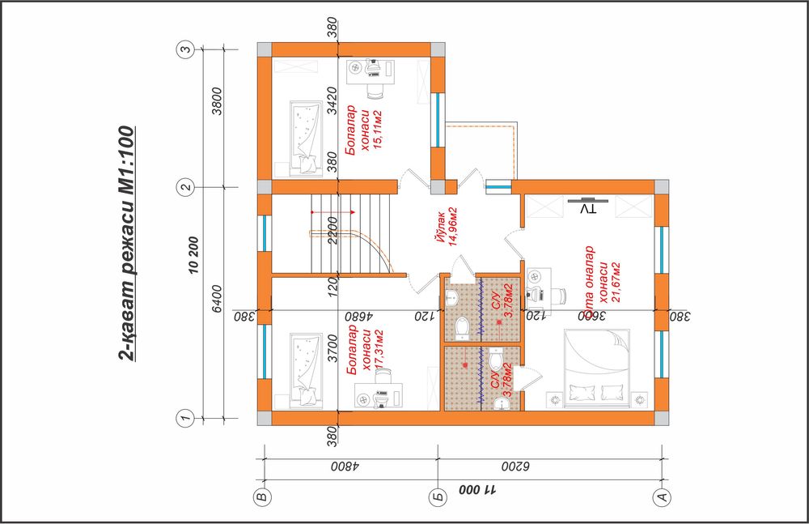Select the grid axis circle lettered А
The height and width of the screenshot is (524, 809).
(x=662, y=497)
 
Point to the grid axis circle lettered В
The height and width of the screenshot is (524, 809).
(x=263, y=497)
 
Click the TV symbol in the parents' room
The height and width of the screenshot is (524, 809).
(x=587, y=206)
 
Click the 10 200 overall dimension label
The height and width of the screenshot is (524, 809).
(x=194, y=255)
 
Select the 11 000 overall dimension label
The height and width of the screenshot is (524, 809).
(x=478, y=489)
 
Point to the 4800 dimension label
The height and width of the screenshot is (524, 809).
(x=345, y=466)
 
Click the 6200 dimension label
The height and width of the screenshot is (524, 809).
(x=515, y=466)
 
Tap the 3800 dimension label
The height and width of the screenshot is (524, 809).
(x=217, y=101)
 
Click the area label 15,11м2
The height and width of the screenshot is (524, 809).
(x=377, y=130)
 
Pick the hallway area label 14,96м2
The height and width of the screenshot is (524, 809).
(x=453, y=227)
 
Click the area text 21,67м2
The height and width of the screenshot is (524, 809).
(x=615, y=282)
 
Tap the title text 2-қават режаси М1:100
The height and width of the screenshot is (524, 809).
(x=126, y=243)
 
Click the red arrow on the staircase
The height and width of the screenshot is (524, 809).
(x=332, y=212)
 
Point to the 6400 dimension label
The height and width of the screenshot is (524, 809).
(x=217, y=298)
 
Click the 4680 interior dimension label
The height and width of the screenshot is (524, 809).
(x=351, y=316)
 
